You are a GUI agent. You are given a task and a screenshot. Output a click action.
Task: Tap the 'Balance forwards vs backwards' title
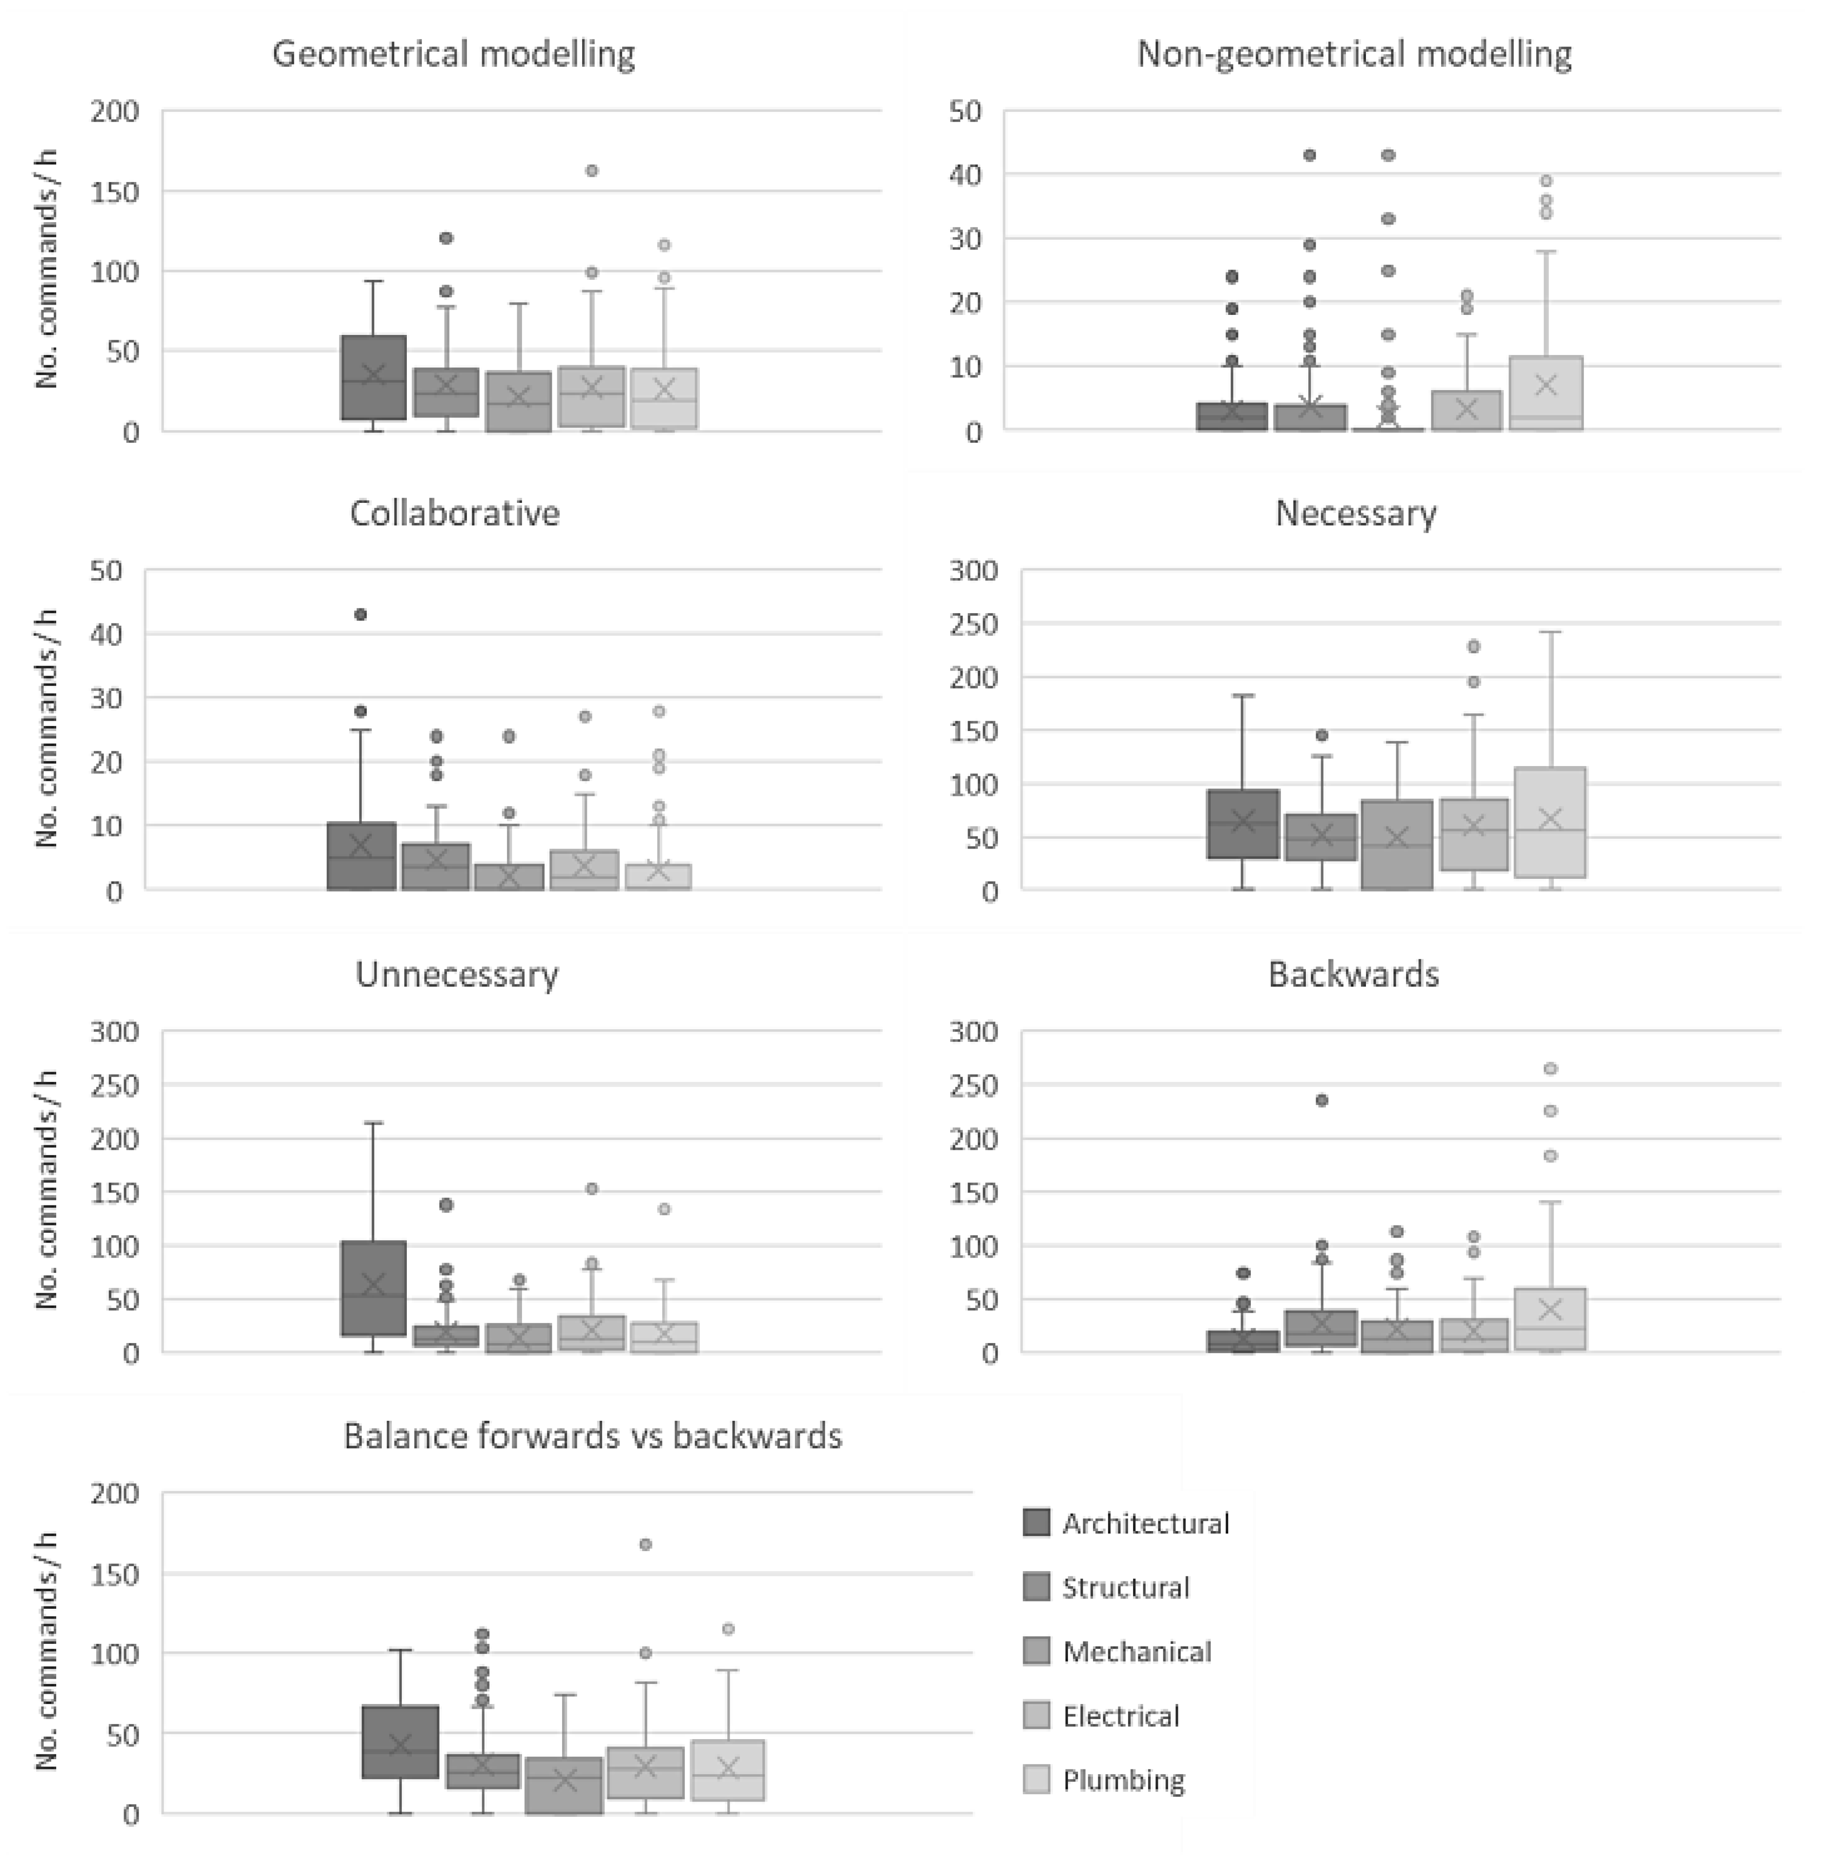(x=593, y=1435)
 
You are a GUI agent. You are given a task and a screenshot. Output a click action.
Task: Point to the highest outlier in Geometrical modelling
(x=592, y=171)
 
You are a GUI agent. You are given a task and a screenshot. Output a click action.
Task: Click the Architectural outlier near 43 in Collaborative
(x=360, y=615)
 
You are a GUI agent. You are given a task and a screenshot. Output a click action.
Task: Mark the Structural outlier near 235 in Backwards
(x=1322, y=1100)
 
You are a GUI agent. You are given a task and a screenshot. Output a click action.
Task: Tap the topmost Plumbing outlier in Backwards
(x=1550, y=1068)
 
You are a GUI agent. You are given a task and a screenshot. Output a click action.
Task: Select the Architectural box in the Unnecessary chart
(x=374, y=1288)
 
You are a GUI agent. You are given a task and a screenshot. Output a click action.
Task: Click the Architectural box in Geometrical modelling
(x=374, y=377)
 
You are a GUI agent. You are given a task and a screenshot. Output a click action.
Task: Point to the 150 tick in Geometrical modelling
(x=115, y=192)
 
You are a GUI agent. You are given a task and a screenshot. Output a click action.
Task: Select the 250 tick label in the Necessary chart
(x=973, y=624)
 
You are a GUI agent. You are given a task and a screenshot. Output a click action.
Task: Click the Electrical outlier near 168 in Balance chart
(x=646, y=1544)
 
